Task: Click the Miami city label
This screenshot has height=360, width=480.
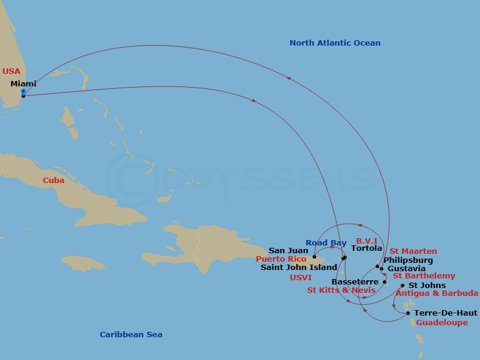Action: (x=23, y=84)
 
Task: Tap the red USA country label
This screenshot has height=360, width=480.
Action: (x=11, y=71)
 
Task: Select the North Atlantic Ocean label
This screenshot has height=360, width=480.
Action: (x=335, y=43)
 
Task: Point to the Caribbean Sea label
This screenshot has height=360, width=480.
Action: (x=131, y=335)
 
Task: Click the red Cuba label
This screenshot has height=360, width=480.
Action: (x=53, y=181)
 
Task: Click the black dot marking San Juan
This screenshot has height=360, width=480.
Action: (x=314, y=257)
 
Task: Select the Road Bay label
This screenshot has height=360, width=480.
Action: (x=326, y=243)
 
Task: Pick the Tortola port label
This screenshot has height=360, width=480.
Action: (x=366, y=248)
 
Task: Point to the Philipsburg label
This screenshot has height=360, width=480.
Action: (x=408, y=260)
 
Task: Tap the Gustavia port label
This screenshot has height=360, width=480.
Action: (x=407, y=269)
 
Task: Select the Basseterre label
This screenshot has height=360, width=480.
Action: (x=355, y=282)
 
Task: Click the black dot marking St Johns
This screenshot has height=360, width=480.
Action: (x=402, y=286)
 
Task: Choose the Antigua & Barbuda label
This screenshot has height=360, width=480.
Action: (x=437, y=293)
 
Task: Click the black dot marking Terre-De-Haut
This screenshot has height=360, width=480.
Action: (x=408, y=313)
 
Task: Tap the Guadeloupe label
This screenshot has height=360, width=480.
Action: (x=442, y=323)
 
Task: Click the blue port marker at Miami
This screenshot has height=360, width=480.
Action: (x=23, y=91)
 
